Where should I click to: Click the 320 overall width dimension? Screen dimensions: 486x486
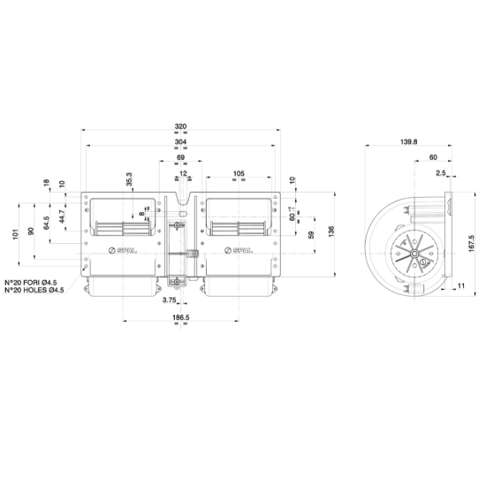pos(180,125)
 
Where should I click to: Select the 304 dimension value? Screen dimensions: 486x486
pos(180,141)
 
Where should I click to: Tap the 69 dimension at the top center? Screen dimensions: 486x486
pos(180,157)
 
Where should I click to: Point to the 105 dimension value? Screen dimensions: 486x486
pos(239,173)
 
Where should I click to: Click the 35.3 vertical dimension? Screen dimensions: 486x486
pos(129,179)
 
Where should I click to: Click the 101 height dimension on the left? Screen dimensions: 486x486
pos(17,234)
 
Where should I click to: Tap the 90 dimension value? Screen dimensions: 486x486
pos(31,231)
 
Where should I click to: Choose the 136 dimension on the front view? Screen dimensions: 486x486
pos(331,232)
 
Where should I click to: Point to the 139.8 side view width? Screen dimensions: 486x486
pos(409,141)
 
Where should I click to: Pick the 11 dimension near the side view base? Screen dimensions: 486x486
pos(462,286)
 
